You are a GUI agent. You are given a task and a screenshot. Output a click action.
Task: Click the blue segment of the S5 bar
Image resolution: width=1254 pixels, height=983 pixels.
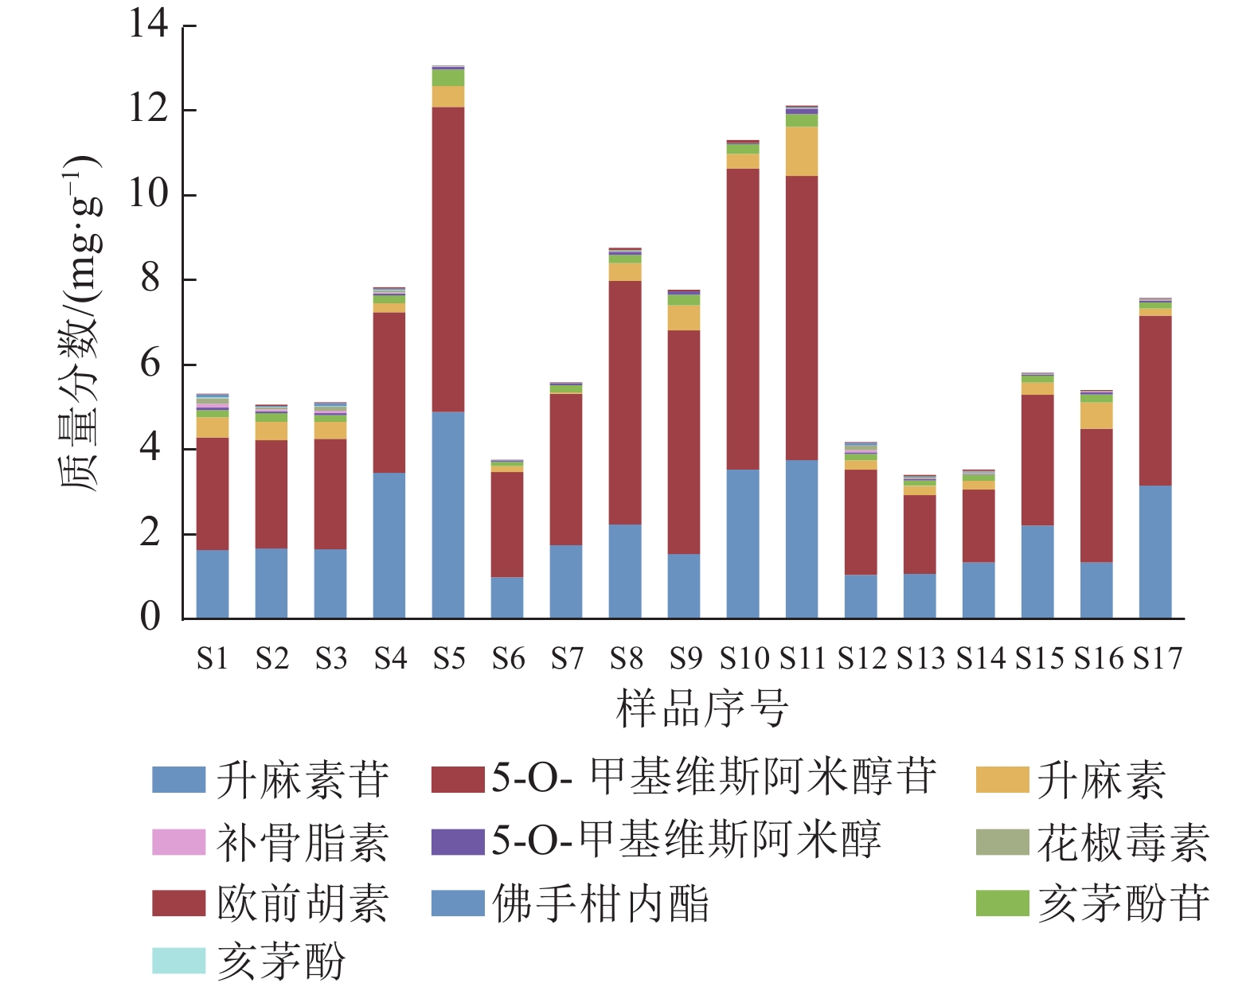(448, 514)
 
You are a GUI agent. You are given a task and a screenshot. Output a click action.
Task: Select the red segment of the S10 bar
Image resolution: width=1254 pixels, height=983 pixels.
(743, 318)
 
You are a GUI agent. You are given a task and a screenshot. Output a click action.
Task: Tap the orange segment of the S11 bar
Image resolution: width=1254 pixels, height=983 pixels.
(802, 151)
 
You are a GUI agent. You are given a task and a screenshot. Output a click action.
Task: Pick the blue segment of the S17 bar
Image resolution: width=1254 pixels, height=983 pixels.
(1155, 552)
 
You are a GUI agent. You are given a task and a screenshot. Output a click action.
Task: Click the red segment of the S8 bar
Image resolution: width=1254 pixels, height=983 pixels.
(625, 402)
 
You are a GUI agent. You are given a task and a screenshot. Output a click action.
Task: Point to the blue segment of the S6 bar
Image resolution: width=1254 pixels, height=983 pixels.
(507, 597)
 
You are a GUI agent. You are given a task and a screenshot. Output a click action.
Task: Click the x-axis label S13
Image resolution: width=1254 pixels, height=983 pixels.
(920, 659)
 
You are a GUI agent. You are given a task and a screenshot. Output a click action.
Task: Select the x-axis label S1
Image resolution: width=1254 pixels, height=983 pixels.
(213, 659)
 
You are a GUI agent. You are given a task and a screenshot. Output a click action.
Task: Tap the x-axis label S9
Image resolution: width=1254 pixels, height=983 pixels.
(685, 659)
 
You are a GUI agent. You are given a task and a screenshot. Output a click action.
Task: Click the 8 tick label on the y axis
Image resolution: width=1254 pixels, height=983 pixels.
(150, 279)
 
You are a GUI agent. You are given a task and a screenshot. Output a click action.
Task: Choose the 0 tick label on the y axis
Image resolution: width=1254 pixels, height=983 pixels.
(150, 617)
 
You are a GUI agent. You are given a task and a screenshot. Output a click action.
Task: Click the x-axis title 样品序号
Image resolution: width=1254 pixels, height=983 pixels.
(701, 708)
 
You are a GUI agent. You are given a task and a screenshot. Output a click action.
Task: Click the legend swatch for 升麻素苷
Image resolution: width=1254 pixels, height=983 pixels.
(179, 780)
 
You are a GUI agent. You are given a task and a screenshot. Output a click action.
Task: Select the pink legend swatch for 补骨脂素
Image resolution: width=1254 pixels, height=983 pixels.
(179, 842)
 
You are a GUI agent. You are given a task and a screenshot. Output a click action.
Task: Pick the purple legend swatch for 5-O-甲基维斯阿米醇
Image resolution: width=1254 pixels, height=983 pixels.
(458, 842)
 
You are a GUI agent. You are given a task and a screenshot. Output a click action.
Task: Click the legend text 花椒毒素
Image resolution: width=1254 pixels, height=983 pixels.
(1123, 843)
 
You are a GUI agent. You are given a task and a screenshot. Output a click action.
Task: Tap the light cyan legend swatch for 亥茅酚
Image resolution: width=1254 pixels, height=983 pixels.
(179, 960)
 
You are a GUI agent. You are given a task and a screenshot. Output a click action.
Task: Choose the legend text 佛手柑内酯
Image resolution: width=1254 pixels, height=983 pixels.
(601, 903)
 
